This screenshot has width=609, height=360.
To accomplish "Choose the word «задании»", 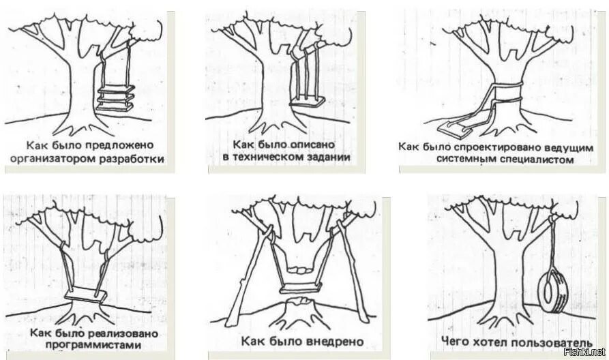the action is point(329,157).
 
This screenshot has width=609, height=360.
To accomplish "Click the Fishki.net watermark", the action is point(585,352).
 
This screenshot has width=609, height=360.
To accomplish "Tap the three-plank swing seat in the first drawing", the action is point(117,97).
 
